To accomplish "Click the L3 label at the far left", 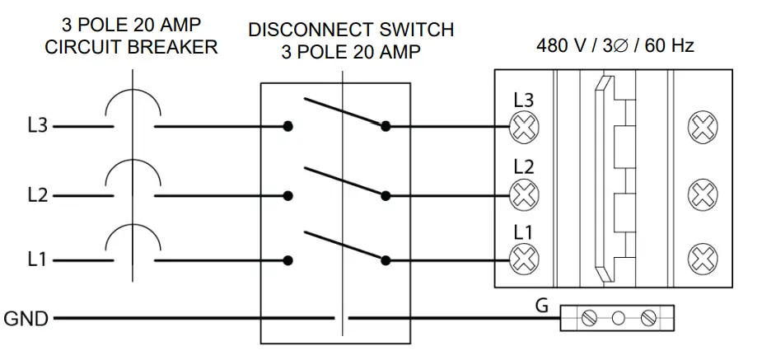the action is point(37,126).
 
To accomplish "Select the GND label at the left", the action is point(26,319).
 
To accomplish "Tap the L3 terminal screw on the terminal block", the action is point(524,127).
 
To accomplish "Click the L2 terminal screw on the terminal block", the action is point(524,194).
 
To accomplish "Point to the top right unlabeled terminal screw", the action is point(703,127).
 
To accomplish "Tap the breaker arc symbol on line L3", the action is point(133,91).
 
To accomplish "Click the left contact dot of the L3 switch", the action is point(288,126).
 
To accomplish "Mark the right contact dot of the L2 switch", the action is point(386,196).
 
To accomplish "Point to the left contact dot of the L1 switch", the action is point(288,260).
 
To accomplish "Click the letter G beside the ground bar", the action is point(541,306).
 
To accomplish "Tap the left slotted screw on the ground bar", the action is point(588,319).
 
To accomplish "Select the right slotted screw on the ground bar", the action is point(648,319).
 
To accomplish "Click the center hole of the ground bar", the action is point(618,319).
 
